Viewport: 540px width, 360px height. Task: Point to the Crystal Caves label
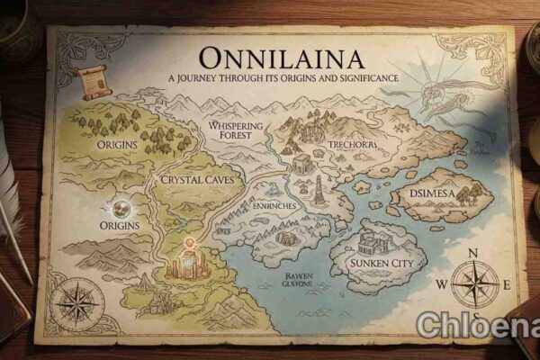(196, 180)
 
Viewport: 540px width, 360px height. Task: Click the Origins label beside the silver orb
(119, 223)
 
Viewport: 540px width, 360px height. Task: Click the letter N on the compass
(474, 253)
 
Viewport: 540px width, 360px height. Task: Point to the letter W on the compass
(441, 284)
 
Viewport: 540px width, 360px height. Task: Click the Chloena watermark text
(474, 325)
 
